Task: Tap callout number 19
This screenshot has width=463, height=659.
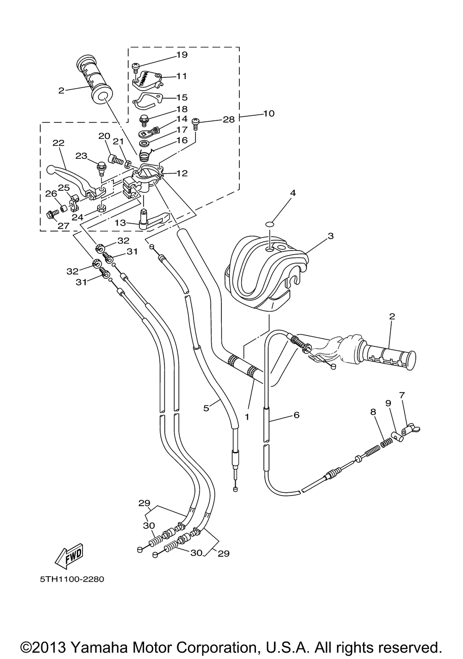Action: (x=182, y=55)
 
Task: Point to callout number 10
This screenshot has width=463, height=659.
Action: (x=269, y=113)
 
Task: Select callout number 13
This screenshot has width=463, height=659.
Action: (x=120, y=223)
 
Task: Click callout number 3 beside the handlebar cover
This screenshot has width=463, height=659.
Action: (x=331, y=236)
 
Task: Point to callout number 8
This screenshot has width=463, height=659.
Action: (x=373, y=412)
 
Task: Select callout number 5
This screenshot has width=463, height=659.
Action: (x=206, y=408)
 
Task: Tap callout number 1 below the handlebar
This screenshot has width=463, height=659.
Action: (x=247, y=417)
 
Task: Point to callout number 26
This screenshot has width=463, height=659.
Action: (x=50, y=194)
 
